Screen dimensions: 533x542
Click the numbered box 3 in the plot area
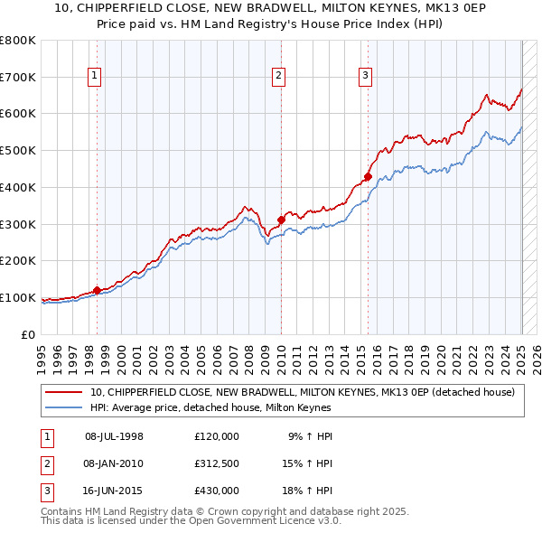[366, 76]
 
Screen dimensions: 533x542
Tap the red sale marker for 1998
[97, 290]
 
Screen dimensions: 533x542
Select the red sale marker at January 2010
[281, 219]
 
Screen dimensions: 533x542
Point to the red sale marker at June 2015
[368, 176]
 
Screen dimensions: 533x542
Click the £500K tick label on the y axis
[18, 151]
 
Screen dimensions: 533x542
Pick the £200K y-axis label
[18, 261]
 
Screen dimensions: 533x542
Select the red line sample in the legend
[64, 392]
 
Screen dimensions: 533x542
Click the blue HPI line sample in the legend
[64, 407]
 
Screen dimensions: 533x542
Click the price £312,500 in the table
[217, 463]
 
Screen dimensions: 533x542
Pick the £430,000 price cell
[217, 491]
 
